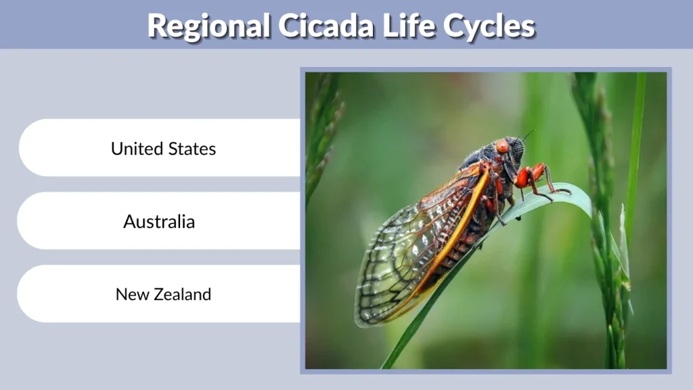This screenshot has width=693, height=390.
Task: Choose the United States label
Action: point(163,148)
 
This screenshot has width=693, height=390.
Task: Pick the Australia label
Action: point(159,221)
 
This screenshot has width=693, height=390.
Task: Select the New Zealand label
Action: point(163,295)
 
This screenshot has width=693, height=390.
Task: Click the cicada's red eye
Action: point(501,146)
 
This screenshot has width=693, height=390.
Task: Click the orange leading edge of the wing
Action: point(467,217)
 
